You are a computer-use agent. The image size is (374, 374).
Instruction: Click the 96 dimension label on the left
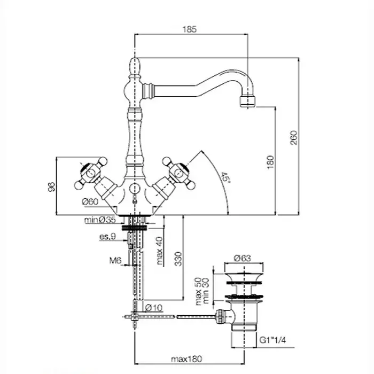(51, 186)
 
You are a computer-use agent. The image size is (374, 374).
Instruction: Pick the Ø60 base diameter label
(89, 201)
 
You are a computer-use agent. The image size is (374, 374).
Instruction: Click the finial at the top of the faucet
(136, 68)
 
